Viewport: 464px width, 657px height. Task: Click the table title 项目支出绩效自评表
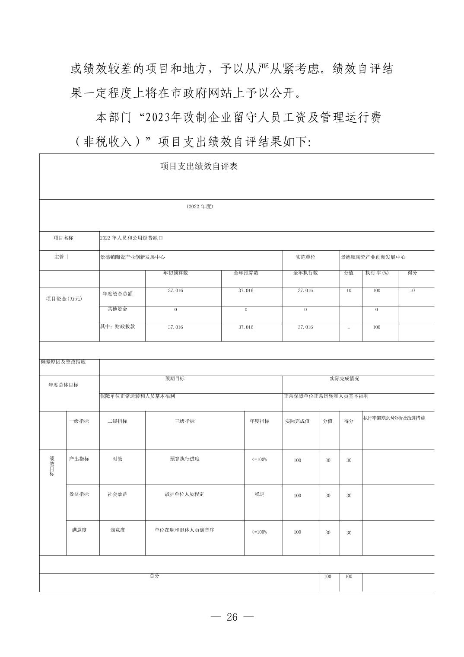[x=199, y=166]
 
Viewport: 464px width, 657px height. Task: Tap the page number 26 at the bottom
[x=232, y=617]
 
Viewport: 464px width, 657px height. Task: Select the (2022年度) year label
[x=200, y=207]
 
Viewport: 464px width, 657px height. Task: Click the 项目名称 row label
[x=64, y=238]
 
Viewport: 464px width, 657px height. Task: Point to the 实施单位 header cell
[x=305, y=257]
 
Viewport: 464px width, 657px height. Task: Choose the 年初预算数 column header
[x=175, y=273]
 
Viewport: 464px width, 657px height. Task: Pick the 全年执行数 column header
[x=305, y=273]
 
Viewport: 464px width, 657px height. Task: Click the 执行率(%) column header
[x=377, y=273]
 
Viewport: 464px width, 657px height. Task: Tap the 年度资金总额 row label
[x=118, y=294]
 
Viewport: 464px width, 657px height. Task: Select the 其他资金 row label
[x=118, y=309]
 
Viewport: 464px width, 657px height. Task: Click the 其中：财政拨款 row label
[x=118, y=327]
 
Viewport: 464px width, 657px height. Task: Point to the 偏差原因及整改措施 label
[x=63, y=362]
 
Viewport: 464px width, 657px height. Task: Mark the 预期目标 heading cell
[x=175, y=379]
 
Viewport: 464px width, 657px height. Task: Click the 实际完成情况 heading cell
[x=344, y=379]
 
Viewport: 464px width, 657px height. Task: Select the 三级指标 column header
[x=184, y=421]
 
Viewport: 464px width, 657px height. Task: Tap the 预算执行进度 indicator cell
[x=184, y=459]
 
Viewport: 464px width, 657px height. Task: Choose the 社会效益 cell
[x=118, y=494]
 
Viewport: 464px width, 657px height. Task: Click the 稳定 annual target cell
[x=259, y=494]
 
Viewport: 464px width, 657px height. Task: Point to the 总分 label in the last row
[x=154, y=576]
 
